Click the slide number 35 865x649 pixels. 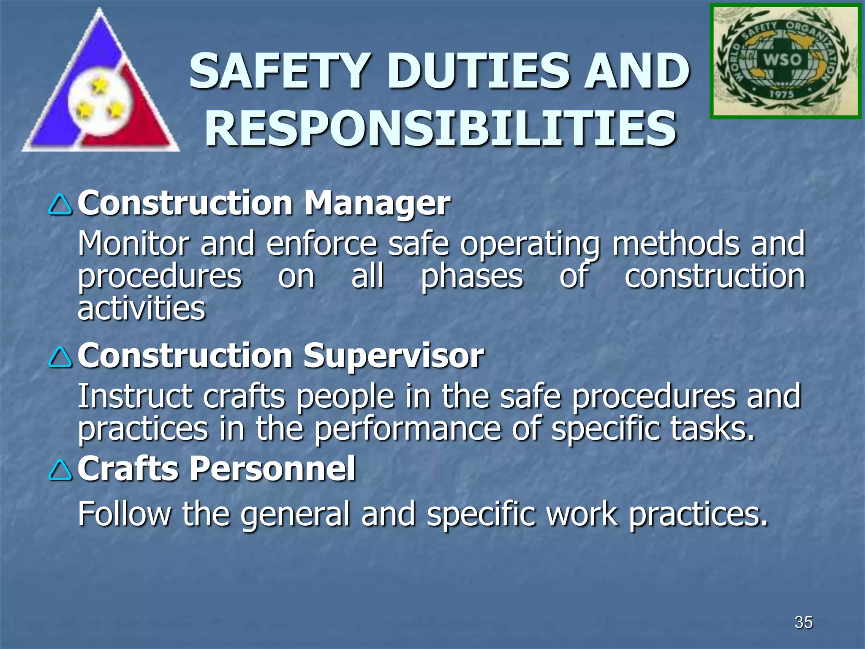(803, 622)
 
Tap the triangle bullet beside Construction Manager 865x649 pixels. (60, 205)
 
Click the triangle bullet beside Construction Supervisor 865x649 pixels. (60, 357)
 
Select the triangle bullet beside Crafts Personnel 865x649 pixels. (60, 470)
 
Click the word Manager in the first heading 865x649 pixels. (377, 204)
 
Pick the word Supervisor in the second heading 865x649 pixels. (394, 356)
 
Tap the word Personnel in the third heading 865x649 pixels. (272, 469)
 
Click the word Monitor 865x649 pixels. (132, 244)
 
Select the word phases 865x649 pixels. (472, 277)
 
